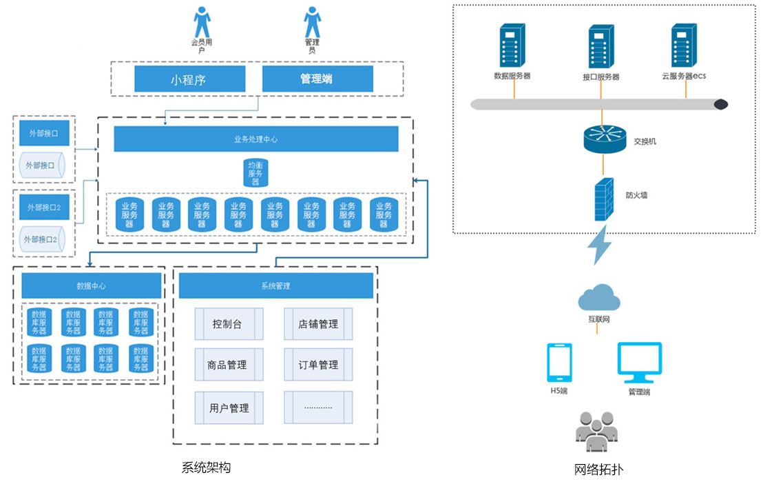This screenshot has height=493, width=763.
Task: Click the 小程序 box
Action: click(x=189, y=79)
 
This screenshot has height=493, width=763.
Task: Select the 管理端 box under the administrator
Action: click(x=317, y=79)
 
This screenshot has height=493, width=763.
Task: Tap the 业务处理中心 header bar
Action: click(x=256, y=139)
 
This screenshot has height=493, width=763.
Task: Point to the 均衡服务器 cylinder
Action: click(x=256, y=172)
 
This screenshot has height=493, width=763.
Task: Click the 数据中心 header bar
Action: click(x=92, y=285)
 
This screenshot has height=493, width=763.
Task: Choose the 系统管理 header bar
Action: click(x=275, y=285)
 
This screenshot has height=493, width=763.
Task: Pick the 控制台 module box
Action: click(x=229, y=324)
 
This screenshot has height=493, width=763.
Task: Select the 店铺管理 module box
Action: click(x=318, y=324)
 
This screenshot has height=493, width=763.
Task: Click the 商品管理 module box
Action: click(x=229, y=365)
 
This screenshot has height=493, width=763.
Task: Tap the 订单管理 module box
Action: click(x=318, y=365)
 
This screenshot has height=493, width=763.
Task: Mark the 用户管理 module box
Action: click(x=229, y=408)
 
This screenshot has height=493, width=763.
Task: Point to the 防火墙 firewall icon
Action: click(x=604, y=199)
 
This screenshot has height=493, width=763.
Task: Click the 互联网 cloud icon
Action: click(x=599, y=298)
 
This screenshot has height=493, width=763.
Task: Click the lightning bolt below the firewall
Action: click(x=598, y=245)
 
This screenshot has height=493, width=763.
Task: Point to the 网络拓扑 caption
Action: click(x=598, y=470)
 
